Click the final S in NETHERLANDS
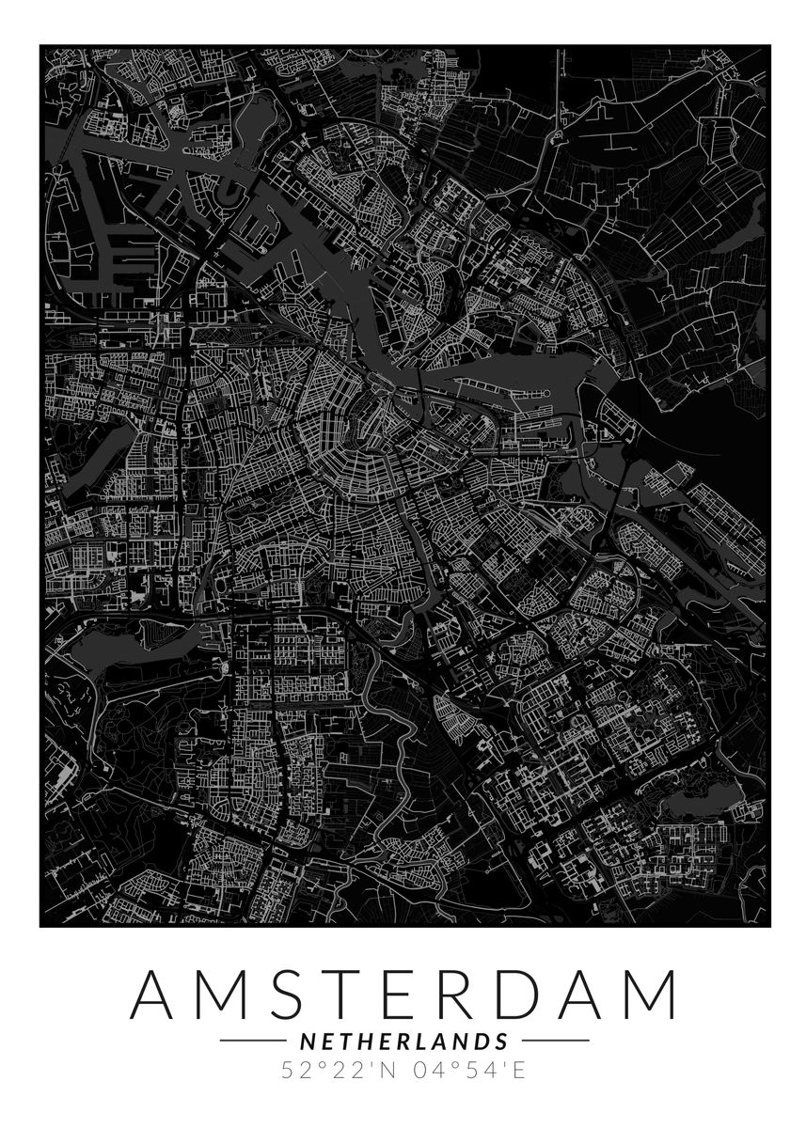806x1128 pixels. click(x=501, y=1041)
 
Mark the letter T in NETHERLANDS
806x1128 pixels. click(x=343, y=1041)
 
